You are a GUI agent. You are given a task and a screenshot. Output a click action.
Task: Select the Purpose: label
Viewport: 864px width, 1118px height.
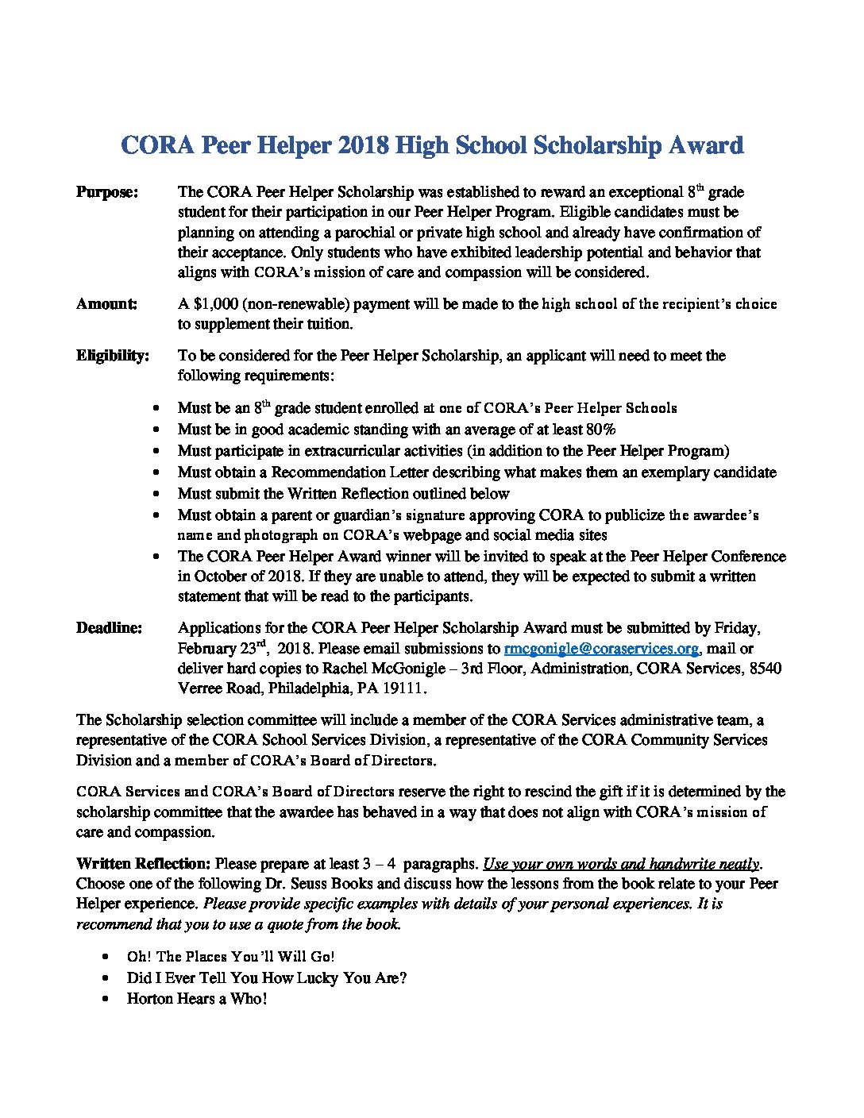pos(107,192)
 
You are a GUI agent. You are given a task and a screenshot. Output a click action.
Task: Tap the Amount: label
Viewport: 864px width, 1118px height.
pos(106,304)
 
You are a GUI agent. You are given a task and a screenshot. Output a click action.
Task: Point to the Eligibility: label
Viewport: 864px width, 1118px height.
pos(113,356)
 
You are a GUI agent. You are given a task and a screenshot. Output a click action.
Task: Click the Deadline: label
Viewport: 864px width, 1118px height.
pos(110,628)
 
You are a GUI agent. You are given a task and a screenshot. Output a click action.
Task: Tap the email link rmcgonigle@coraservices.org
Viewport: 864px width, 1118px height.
pos(601,649)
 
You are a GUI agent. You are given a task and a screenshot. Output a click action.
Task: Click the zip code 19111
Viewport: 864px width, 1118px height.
pos(404,688)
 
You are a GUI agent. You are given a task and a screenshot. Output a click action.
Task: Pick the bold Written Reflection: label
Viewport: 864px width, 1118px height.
pos(143,864)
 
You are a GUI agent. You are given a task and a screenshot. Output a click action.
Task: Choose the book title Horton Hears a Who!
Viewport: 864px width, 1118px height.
pos(197,999)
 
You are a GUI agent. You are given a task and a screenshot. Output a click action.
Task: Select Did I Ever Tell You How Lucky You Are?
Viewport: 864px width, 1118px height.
pos(266,978)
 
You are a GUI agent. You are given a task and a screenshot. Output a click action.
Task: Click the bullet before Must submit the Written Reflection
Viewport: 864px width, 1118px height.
pos(160,494)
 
